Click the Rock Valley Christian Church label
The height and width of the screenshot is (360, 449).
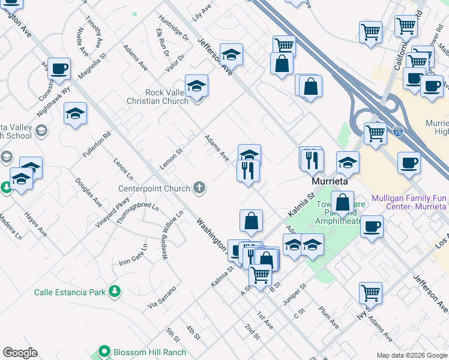click(158, 97)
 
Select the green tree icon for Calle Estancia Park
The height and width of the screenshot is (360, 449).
click(114, 292)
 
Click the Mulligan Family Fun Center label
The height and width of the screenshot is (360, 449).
click(409, 202)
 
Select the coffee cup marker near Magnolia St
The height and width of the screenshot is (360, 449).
click(59, 69)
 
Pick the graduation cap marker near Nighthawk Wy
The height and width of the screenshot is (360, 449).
click(75, 113)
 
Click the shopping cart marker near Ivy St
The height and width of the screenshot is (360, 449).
click(370, 293)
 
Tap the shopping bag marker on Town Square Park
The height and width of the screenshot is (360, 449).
click(342, 202)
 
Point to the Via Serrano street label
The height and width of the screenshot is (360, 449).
click(162, 298)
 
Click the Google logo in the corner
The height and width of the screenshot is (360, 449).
click(20, 352)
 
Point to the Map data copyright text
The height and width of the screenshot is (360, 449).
click(411, 355)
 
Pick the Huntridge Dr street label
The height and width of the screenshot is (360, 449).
click(173, 28)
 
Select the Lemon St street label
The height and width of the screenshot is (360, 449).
click(170, 160)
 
